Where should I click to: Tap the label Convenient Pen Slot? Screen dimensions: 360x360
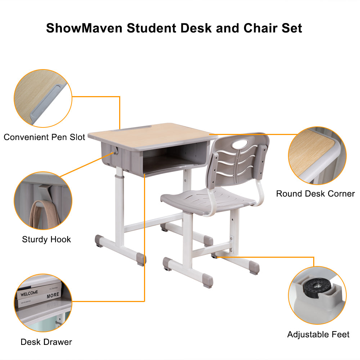(44, 137)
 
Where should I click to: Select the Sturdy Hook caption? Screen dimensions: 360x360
(46, 239)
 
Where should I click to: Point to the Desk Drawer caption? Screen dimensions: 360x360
(46, 342)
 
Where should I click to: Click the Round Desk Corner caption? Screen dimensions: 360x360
(315, 194)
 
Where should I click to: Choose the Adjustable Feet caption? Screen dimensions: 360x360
(318, 334)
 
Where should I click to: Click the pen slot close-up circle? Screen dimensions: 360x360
(42, 98)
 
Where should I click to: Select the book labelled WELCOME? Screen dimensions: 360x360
(30, 293)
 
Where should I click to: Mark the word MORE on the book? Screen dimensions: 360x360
(53, 294)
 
